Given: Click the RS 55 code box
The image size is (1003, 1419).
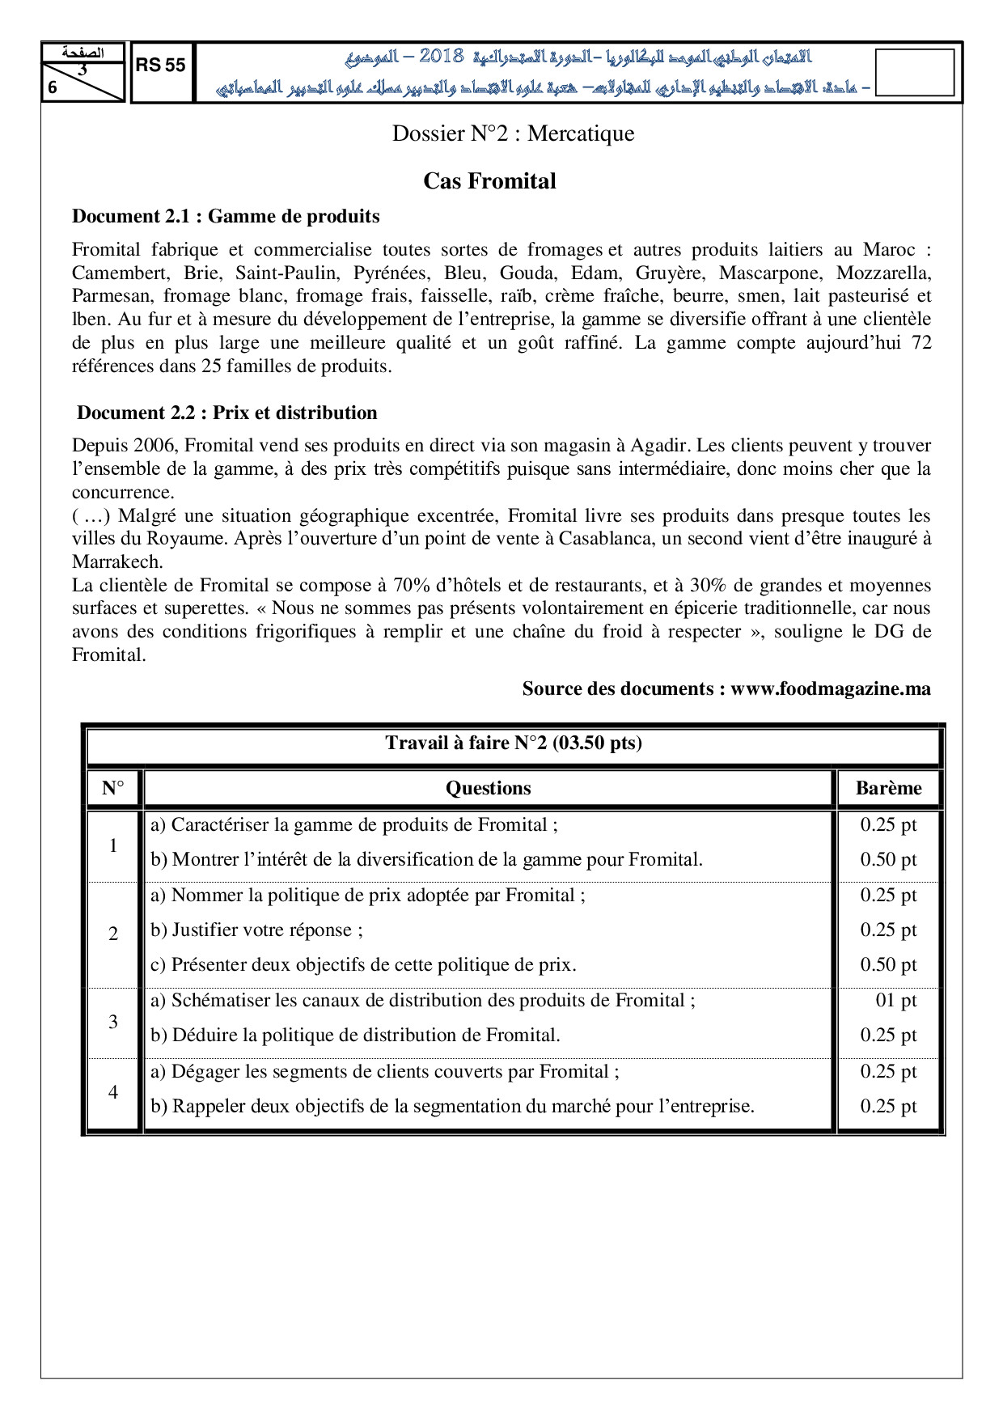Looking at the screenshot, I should pyautogui.click(x=161, y=66).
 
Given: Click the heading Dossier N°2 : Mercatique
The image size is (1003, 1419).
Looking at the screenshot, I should pyautogui.click(x=513, y=133).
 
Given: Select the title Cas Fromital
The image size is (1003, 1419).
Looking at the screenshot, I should pyautogui.click(x=489, y=181).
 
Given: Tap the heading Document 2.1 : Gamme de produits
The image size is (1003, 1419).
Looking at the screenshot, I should pyautogui.click(x=226, y=216).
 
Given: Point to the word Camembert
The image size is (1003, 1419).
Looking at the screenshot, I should pyautogui.click(x=118, y=273).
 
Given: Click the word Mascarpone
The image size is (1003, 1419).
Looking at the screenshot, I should pyautogui.click(x=770, y=273).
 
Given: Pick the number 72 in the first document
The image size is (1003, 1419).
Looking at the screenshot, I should pyautogui.click(x=920, y=342).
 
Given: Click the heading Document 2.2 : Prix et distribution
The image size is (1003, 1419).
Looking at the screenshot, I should pyautogui.click(x=227, y=413).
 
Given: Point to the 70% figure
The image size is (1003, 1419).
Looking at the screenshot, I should pyautogui.click(x=412, y=585).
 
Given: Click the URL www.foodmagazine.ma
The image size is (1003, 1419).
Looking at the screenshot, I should pyautogui.click(x=831, y=688).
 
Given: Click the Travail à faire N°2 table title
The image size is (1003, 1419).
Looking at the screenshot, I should pyautogui.click(x=514, y=743).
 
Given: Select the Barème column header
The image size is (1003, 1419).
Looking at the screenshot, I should pyautogui.click(x=888, y=788).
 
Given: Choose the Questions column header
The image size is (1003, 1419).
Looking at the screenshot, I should pyautogui.click(x=488, y=788).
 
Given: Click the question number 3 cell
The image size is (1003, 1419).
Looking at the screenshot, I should pyautogui.click(x=113, y=1022).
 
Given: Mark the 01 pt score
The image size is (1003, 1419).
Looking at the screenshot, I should pyautogui.click(x=895, y=1000).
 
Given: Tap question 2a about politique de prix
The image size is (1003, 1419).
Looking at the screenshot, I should pyautogui.click(x=368, y=895).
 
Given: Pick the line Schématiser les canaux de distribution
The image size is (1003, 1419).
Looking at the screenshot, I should pyautogui.click(x=423, y=1000).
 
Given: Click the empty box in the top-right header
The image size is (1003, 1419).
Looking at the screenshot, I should pyautogui.click(x=914, y=73).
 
